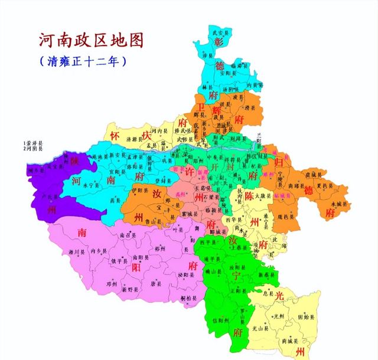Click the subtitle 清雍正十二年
click(x=83, y=61)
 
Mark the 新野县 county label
click(x=130, y=289)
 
